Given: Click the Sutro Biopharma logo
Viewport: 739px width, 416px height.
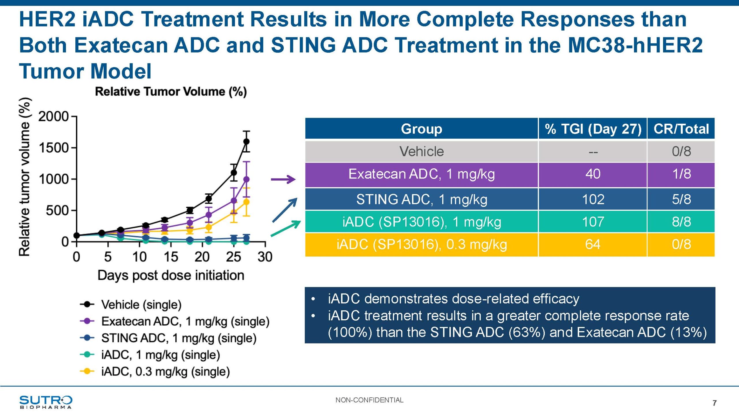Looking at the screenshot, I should [x=46, y=402].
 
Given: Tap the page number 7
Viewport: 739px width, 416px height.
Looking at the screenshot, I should [x=714, y=403].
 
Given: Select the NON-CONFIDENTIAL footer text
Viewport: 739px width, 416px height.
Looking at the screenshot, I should [x=369, y=400].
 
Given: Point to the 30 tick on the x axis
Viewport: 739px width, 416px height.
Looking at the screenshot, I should [x=265, y=257].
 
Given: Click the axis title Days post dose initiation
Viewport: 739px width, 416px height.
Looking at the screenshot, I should [x=171, y=275].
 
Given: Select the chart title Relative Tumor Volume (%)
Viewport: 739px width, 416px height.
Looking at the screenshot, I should [x=171, y=92].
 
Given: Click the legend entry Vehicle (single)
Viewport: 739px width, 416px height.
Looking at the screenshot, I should [x=141, y=304].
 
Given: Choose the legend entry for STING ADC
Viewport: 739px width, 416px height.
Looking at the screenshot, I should [x=179, y=338].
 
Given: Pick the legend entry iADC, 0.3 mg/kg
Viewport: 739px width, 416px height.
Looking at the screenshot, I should [x=165, y=372].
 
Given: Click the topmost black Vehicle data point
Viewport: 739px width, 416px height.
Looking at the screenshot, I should [x=247, y=142].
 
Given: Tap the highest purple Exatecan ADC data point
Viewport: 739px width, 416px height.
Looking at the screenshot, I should [x=247, y=179].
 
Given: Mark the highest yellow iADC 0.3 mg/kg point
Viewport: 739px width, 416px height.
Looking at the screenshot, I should [x=247, y=202].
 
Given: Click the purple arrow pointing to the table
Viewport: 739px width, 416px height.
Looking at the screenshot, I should [x=283, y=179].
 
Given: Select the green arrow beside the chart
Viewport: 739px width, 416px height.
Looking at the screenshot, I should [x=286, y=228].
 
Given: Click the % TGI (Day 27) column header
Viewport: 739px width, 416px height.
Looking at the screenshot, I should [x=593, y=129].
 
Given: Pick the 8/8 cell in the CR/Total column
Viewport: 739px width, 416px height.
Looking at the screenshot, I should [x=681, y=222].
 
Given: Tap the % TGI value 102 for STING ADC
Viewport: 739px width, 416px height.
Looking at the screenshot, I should [x=593, y=199].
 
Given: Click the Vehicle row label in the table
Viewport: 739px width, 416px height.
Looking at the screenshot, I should [x=421, y=151].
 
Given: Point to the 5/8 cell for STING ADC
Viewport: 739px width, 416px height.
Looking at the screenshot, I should [x=681, y=199].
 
